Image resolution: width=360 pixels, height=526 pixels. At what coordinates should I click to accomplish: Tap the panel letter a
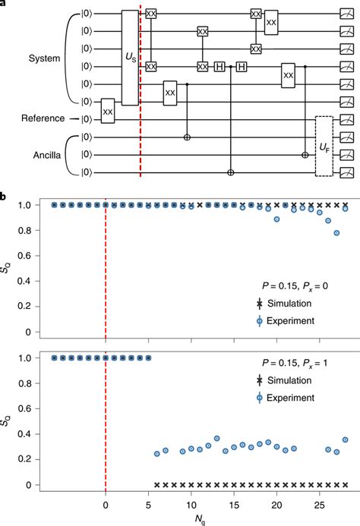[x=4, y=3]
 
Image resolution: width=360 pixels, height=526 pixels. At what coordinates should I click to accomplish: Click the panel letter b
[x=5, y=197]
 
